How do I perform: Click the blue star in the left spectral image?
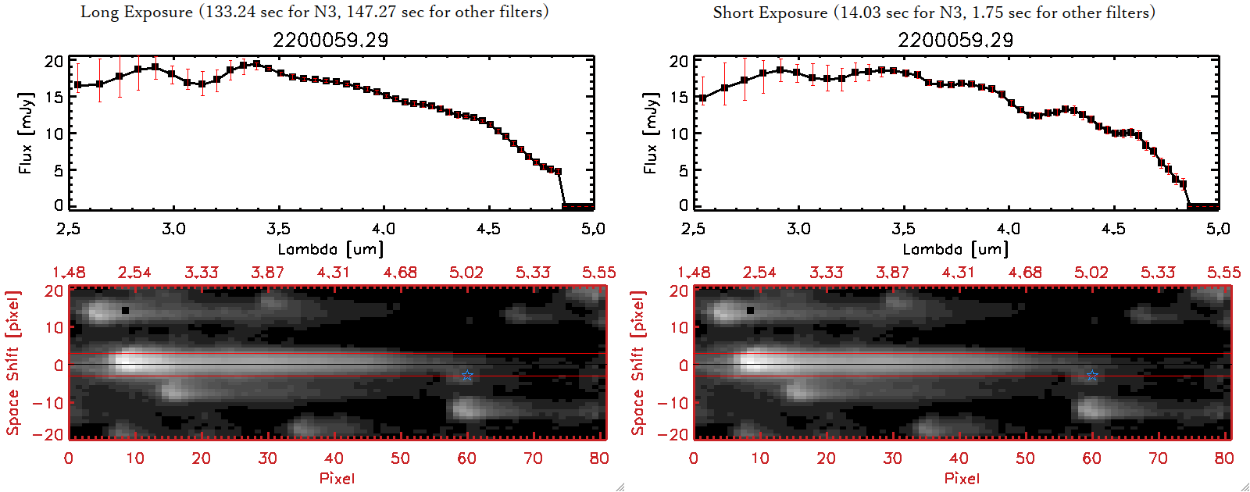pyautogui.click(x=467, y=376)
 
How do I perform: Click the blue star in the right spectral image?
pyautogui.click(x=1092, y=376)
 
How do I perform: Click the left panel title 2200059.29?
pyautogui.click(x=330, y=40)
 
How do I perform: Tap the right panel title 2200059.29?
pyautogui.click(x=955, y=40)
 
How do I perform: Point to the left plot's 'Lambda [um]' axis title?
pyautogui.click(x=330, y=249)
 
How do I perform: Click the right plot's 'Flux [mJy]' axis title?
pyautogui.click(x=650, y=133)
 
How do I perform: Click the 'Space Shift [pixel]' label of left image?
pyautogui.click(x=12, y=363)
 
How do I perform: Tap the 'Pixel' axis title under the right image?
pyautogui.click(x=962, y=478)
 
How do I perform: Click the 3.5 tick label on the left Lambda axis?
pyautogui.click(x=278, y=229)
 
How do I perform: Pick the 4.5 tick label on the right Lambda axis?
pyautogui.click(x=1113, y=229)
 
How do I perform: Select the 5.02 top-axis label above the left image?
pyautogui.click(x=466, y=273)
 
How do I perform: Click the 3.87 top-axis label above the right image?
pyautogui.click(x=892, y=273)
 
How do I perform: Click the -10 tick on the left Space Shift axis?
pyautogui.click(x=48, y=402)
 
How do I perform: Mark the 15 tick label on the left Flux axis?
pyautogui.click(x=54, y=98)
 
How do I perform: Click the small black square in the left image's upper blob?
pyautogui.click(x=125, y=310)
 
